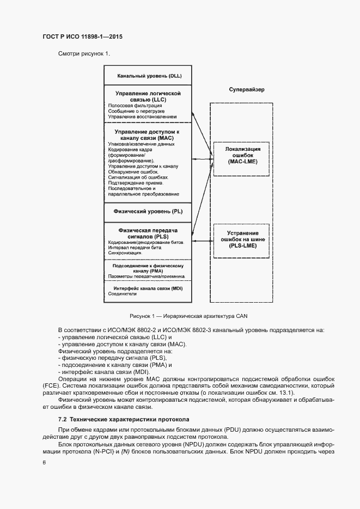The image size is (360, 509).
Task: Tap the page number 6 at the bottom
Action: coord(44,462)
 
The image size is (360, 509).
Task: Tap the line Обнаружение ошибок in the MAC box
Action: coord(133,171)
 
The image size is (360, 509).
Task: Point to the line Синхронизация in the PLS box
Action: coord(125,253)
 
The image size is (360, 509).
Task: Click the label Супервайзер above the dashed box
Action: coord(247,89)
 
